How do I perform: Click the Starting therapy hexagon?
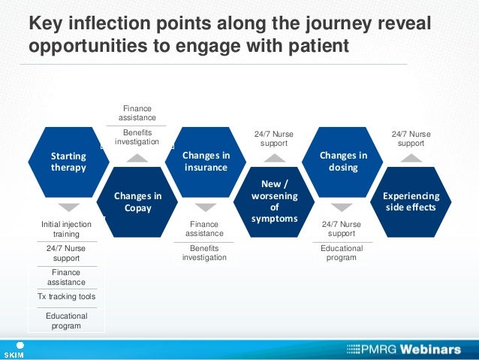coord(68,162)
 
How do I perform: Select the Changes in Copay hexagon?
coord(137,201)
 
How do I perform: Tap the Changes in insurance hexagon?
coord(206,162)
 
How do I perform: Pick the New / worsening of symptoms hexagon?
coord(274,201)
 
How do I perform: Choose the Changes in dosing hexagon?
coord(343,162)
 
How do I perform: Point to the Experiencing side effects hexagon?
coord(411,201)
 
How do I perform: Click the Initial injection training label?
coord(66,229)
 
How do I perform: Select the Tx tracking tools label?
coord(66,296)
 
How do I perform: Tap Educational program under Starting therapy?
coord(66,321)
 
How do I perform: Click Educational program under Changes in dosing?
coord(342,253)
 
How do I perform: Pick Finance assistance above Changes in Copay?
coord(137,113)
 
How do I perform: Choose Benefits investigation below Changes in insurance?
coord(204,252)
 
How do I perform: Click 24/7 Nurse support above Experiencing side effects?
coord(411,138)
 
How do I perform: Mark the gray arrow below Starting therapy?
coord(68,207)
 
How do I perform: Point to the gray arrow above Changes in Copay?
coord(137,157)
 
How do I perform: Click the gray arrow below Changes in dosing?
coord(342,207)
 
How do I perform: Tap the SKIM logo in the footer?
coord(15,350)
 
